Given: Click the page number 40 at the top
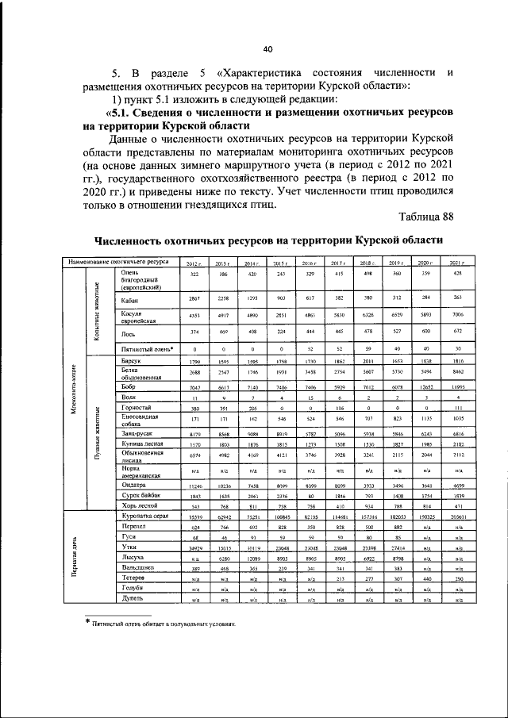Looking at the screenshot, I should coord(267,48).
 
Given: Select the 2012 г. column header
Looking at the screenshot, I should coord(194,263).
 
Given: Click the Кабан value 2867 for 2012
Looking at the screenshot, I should coord(194,298).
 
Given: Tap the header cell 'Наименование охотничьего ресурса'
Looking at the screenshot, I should coord(117,261).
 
